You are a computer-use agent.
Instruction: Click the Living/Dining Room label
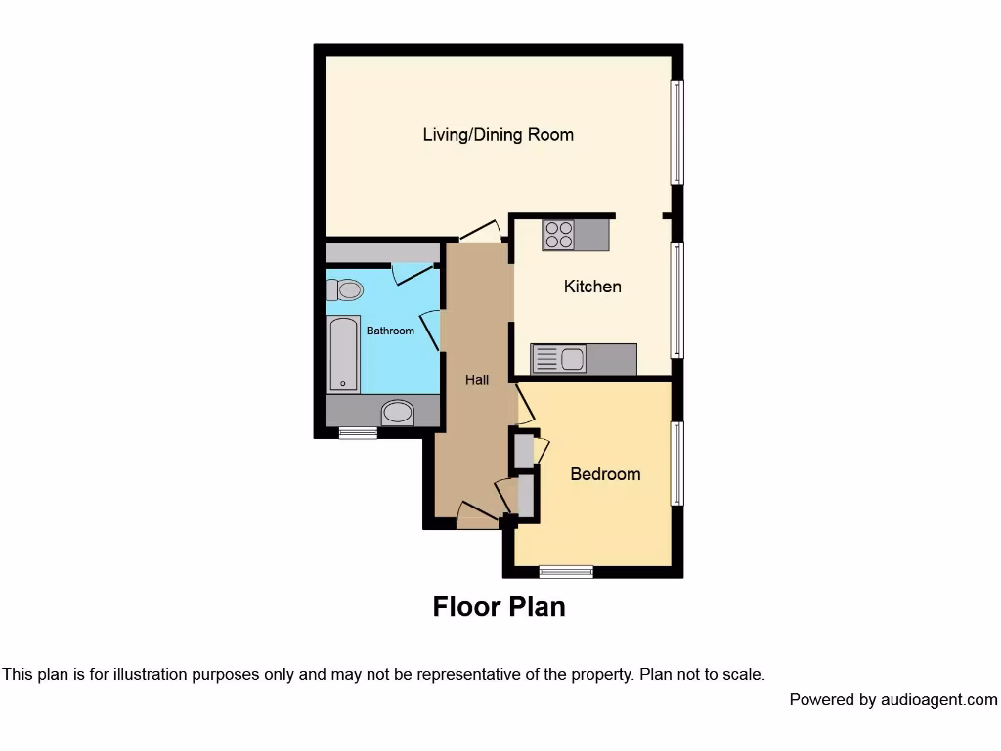(498, 135)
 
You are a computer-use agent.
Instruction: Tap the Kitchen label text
(592, 287)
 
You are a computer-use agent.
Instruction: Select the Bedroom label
(605, 474)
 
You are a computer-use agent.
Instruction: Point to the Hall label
(477, 379)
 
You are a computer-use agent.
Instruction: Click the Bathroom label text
(390, 331)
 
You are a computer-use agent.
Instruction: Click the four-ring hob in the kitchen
(559, 235)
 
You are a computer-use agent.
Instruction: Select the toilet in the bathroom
(345, 289)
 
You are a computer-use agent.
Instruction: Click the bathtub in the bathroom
(342, 354)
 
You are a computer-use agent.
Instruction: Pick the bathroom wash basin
(397, 413)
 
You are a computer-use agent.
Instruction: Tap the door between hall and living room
(480, 232)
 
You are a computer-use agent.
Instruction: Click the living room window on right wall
(676, 132)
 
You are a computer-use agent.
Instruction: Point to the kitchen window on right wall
(676, 299)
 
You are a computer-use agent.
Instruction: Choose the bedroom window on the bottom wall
(566, 571)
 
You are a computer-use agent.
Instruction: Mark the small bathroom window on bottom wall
(358, 433)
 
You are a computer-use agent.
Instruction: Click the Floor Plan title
(499, 607)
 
